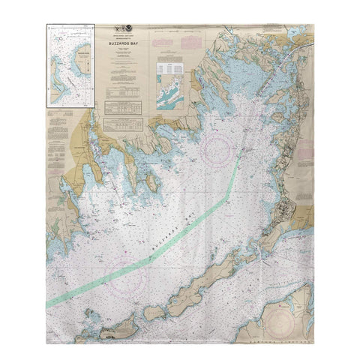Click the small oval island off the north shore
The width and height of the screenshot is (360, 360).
(152, 182)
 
